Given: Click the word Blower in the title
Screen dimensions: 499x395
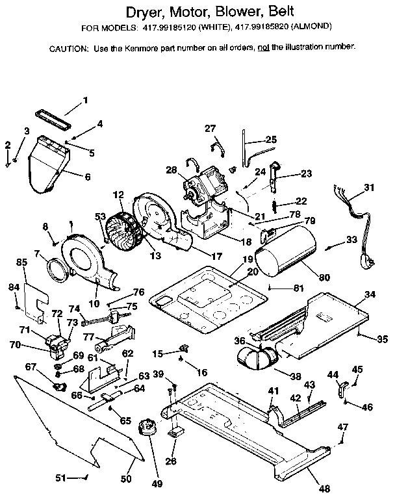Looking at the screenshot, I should click(x=219, y=12).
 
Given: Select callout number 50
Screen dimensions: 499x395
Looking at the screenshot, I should click(x=126, y=479).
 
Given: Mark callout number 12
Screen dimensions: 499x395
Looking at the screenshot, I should click(x=118, y=194).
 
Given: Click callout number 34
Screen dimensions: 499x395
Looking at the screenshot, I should click(x=369, y=295).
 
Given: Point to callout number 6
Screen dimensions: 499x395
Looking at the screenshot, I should click(x=87, y=176).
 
